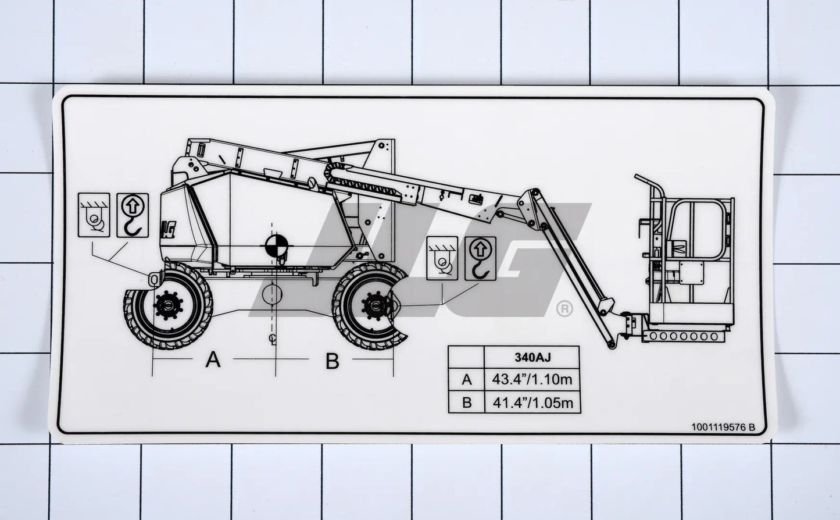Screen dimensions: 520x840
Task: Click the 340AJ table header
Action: point(532,357)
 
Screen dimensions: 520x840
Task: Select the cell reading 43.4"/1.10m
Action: point(532,380)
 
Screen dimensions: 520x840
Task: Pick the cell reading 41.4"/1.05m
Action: point(532,403)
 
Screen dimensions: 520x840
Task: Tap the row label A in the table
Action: point(466,380)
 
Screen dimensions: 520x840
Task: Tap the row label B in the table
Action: point(466,403)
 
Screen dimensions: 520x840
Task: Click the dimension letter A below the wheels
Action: point(213,360)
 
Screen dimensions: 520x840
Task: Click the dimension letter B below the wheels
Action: point(332,361)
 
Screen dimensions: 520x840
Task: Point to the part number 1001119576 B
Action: point(723,427)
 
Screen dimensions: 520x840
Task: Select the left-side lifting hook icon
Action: point(133,215)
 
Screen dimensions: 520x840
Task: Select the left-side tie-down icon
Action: point(94,215)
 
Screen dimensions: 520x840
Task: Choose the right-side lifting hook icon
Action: point(480,258)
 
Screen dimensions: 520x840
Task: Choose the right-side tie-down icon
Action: point(442,258)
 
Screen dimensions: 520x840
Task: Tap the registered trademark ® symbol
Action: point(564,309)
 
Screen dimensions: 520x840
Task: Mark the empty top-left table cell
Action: point(466,357)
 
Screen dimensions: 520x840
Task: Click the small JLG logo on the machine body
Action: point(169,226)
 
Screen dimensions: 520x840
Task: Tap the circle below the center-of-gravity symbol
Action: point(271,294)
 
